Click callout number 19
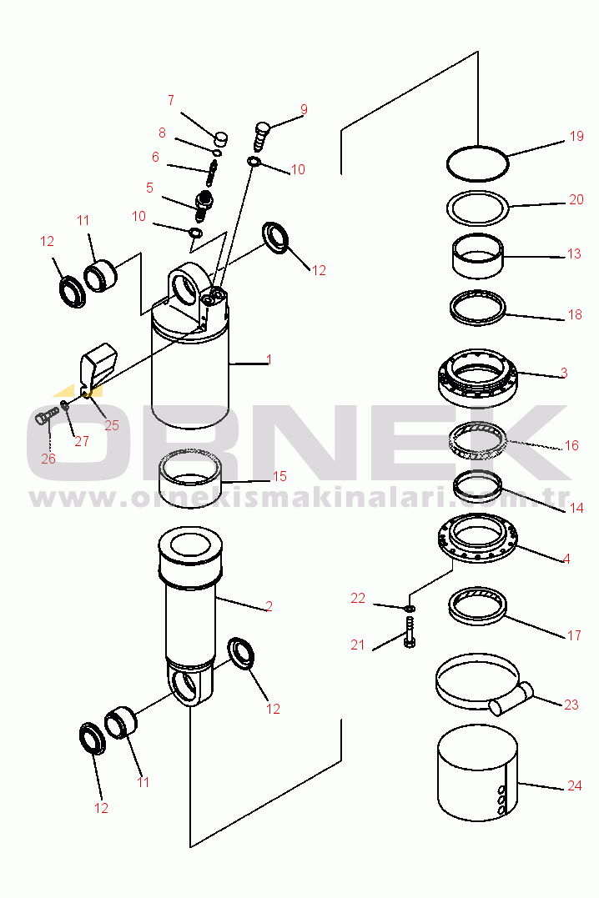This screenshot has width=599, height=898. tap(576, 136)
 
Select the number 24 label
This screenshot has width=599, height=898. tap(574, 785)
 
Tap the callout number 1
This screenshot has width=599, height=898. tap(269, 359)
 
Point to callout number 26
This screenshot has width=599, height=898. tap(48, 459)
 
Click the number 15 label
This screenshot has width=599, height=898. tap(279, 476)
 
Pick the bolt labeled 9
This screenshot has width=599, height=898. tap(261, 136)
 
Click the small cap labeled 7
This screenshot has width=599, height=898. tap(221, 138)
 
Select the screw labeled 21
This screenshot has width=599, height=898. tap(410, 632)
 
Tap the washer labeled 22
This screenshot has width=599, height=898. tap(410, 607)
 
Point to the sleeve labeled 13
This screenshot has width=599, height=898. tap(477, 258)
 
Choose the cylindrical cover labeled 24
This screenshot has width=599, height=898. tap(477, 774)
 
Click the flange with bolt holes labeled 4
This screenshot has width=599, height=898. tap(477, 539)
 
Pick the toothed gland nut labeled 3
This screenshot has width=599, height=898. tap(477, 378)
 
